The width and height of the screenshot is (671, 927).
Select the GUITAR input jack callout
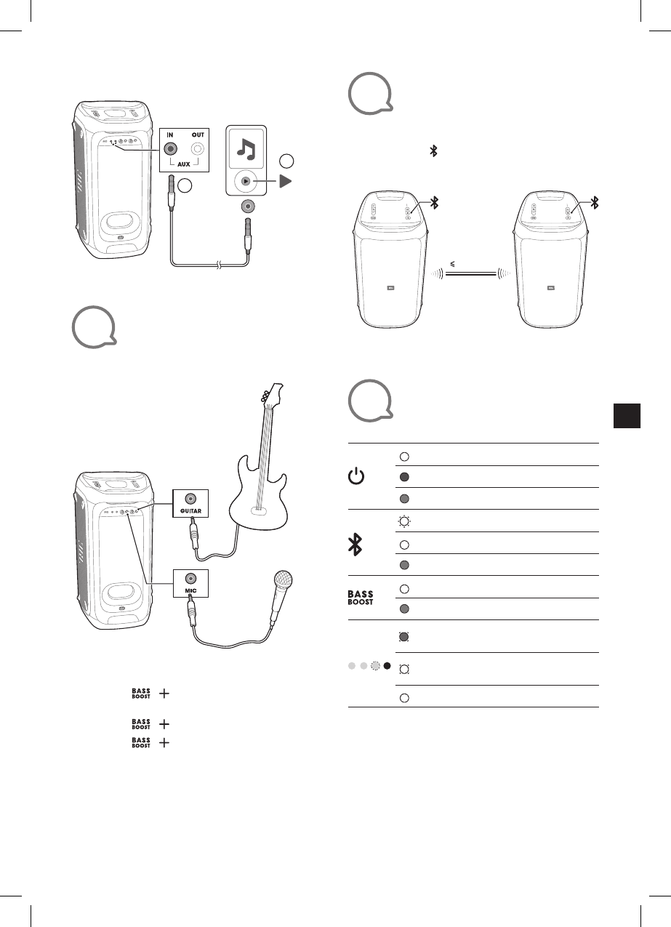(x=190, y=499)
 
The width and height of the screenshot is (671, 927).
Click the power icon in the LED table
(x=355, y=478)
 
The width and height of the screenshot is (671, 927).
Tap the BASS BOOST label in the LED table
(x=361, y=598)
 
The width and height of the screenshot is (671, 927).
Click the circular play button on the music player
(x=247, y=181)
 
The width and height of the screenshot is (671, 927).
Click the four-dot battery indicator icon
(x=369, y=665)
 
